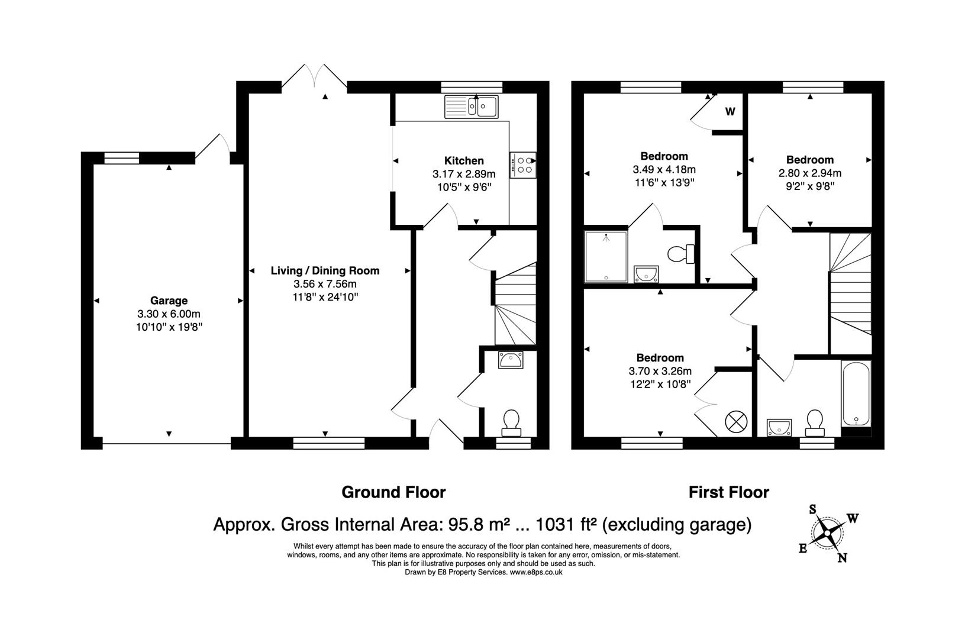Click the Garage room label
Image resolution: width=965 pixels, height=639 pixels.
coord(169,301)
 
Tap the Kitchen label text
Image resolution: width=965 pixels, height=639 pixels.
coord(464,161)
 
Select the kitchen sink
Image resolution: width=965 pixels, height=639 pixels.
coord(472,107)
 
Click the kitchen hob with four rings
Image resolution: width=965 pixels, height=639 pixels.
coord(523,165)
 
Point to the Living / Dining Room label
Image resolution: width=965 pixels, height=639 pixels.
coord(325,270)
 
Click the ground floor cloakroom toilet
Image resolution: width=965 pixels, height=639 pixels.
coord(511,422)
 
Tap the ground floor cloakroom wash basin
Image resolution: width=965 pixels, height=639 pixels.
coord(511,360)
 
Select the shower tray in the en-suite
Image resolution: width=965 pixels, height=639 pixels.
coord(606,257)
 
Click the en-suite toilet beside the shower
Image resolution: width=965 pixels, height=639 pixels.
coord(681,254)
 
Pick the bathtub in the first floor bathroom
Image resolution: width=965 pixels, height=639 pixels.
coord(856,393)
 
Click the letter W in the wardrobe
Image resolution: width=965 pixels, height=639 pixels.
coord(730,112)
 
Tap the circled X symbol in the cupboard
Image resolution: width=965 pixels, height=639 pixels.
coord(736,422)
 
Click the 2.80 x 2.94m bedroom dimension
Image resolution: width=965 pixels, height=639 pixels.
coord(810,173)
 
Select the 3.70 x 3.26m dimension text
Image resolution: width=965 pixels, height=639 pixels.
coord(660,371)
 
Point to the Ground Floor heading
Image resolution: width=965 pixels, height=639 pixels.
coord(394,492)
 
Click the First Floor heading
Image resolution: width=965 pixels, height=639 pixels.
coord(729,492)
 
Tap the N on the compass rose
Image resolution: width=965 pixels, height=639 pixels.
coord(842,559)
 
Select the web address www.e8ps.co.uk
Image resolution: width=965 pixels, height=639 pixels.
coord(537,572)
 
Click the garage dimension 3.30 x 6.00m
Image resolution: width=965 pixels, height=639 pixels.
coord(169,314)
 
